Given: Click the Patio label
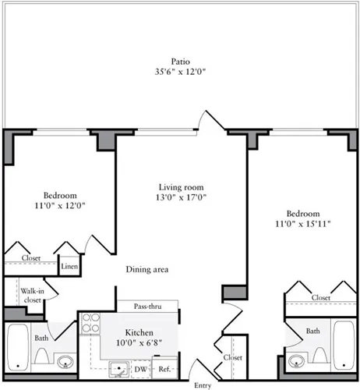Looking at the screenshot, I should click(180, 61).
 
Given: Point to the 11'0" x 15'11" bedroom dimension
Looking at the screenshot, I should click(302, 224).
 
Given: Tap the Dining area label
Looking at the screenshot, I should click(147, 270).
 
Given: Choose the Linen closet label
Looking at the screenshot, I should click(69, 267).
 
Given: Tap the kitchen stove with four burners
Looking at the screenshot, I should click(91, 323).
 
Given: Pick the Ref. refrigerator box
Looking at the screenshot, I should click(166, 368).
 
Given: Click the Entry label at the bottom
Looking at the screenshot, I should click(202, 385).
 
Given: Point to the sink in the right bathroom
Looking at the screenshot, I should click(295, 362).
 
